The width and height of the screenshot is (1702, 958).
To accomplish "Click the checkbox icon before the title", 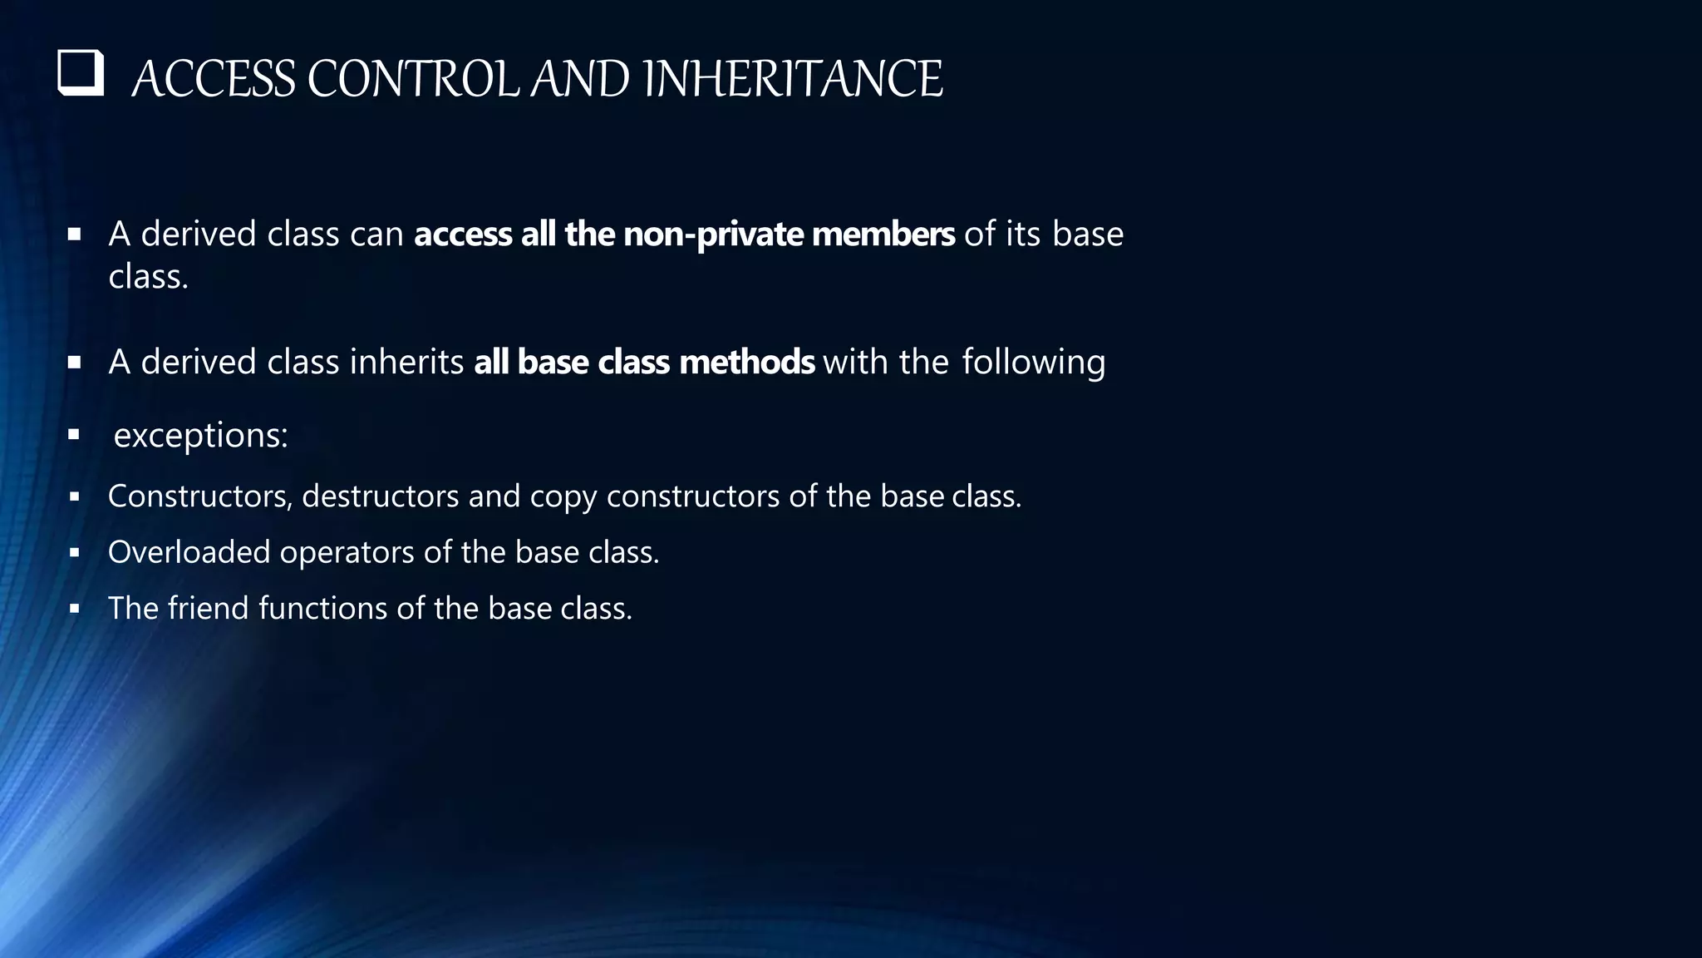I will tap(81, 74).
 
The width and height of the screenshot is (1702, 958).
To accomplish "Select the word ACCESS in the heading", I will tap(214, 80).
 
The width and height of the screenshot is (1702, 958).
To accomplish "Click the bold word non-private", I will tap(713, 235).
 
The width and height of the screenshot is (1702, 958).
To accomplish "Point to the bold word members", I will tap(883, 235).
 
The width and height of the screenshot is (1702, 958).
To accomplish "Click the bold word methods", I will tap(746, 363).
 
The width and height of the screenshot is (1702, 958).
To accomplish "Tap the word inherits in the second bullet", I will tap(406, 363).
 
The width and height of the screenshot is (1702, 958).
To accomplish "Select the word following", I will tap(1033, 363).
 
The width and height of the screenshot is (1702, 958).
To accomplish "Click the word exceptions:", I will tap(200, 435).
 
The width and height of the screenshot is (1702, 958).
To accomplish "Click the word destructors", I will tap(380, 496).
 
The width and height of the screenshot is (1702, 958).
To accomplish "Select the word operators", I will tap(347, 553).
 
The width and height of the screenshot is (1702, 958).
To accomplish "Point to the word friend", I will tap(208, 608).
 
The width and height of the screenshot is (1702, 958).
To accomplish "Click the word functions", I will tap(322, 608).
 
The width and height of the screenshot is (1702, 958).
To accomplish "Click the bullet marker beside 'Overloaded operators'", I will tap(74, 552).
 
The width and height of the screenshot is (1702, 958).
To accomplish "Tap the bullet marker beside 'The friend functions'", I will tap(74, 608).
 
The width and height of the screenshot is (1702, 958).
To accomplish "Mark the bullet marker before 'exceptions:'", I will tap(74, 434).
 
